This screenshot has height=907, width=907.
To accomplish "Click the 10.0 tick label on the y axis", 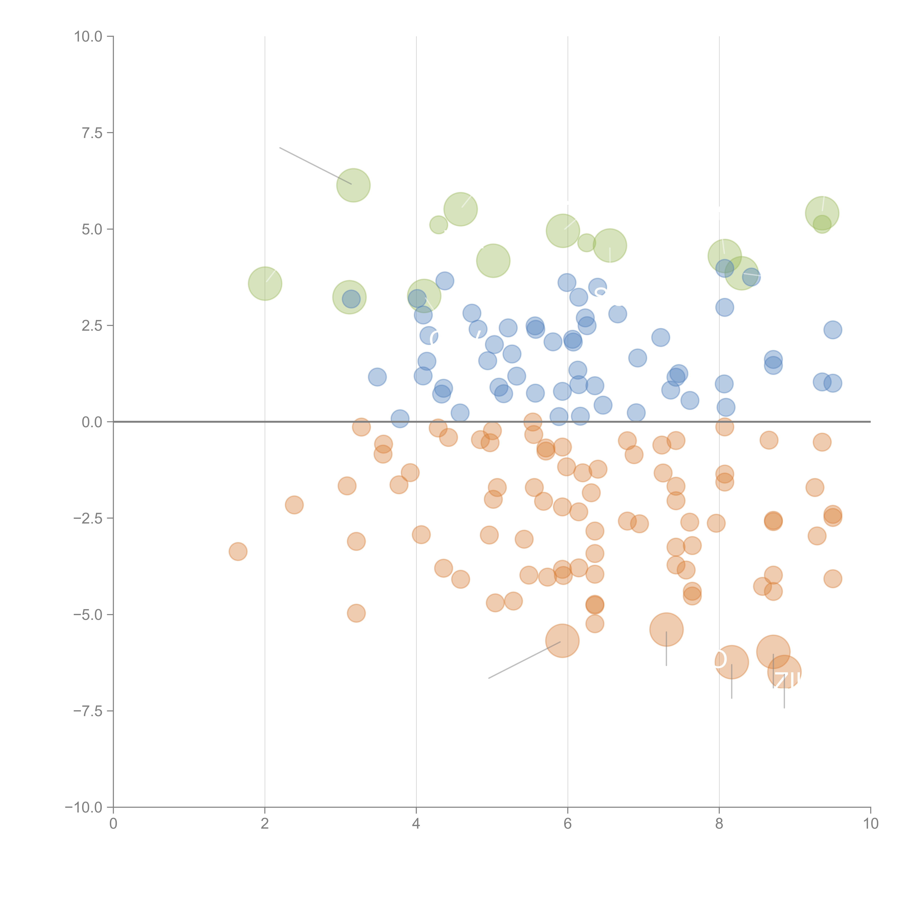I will (88, 37).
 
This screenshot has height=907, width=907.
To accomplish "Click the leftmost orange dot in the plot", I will (238, 551).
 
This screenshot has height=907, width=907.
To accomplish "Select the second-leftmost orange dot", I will (294, 505).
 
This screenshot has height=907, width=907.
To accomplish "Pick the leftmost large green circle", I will (265, 284).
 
